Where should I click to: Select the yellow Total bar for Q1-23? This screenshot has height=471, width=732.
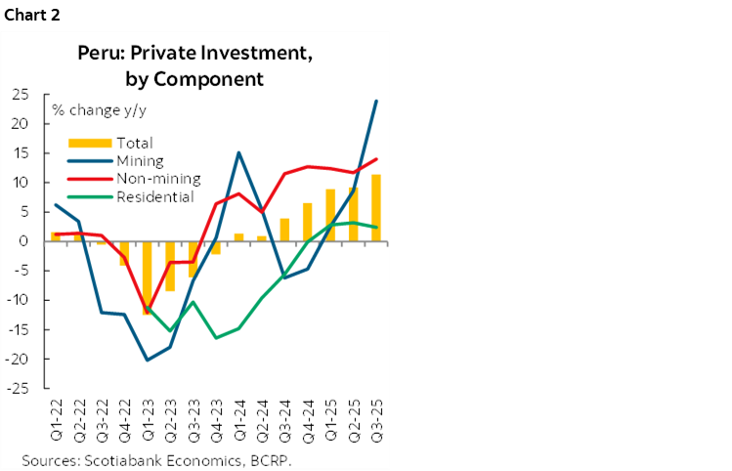[x=148, y=278]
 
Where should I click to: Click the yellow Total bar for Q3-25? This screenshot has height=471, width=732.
[x=376, y=208]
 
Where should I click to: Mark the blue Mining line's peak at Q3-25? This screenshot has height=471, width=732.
[x=376, y=101]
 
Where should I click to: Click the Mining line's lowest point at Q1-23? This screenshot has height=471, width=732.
[x=148, y=360]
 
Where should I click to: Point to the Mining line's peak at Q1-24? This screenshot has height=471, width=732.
[x=238, y=152]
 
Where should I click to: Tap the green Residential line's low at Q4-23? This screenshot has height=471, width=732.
[x=216, y=338]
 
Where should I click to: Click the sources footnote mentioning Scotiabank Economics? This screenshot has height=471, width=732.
[x=157, y=458]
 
